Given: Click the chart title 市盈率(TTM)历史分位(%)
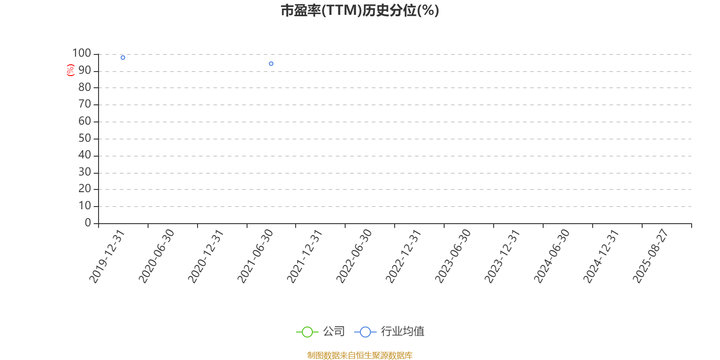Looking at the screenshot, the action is point(360,11).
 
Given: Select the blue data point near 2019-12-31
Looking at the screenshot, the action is point(123,58).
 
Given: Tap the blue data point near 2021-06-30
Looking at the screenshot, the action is point(271,63).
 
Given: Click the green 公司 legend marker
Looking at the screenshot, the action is point(307,332).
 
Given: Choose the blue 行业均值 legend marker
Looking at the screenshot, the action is point(365,332).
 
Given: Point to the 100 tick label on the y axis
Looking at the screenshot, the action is point(81,53).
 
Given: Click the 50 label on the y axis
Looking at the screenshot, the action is point(85,138).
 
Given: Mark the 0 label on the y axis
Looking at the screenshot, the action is point(88,222).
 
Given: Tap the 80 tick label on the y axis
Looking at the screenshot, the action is point(85,87).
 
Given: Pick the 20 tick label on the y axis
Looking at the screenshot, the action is point(85,189).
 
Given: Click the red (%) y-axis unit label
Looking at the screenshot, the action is point(70,70).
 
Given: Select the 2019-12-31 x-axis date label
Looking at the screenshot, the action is point(107,256).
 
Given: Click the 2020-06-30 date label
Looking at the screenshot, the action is point(156,256).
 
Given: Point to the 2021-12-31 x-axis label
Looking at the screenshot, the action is point(304,256).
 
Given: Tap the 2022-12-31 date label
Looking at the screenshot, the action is point(403,256).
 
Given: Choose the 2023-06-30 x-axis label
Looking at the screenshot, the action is point(453,256).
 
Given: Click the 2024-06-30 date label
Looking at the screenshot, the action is point(552,256).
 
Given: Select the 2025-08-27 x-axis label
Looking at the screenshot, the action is point(650,256).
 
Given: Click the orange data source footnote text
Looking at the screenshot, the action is point(360,355).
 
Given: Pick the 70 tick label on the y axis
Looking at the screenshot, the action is point(85,104).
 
